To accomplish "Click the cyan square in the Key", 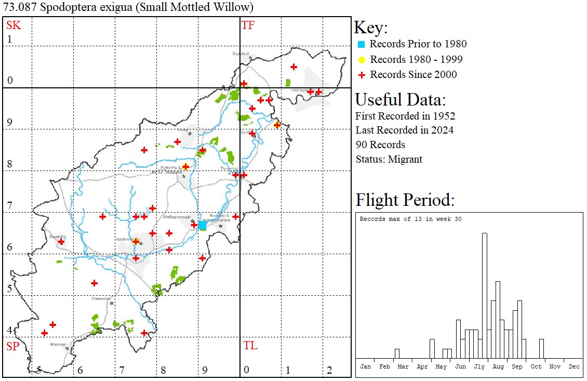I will click(361, 44).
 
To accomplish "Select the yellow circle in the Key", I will click(362, 60).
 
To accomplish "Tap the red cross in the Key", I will click(362, 75).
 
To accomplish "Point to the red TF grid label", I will click(248, 25).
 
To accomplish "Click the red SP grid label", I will click(12, 346).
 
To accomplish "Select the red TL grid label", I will click(250, 346).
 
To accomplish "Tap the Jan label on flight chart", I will click(365, 366).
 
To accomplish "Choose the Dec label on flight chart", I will click(573, 366).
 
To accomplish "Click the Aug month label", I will click(498, 366).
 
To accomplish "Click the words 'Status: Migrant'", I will click(389, 159).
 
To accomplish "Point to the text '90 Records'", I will click(380, 144).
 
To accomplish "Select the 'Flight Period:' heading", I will click(405, 200).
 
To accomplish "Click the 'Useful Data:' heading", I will click(400, 100).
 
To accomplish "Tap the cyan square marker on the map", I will click(203, 226).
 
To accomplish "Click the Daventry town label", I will click(57, 237).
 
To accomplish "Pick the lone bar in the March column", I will click(397, 353).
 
